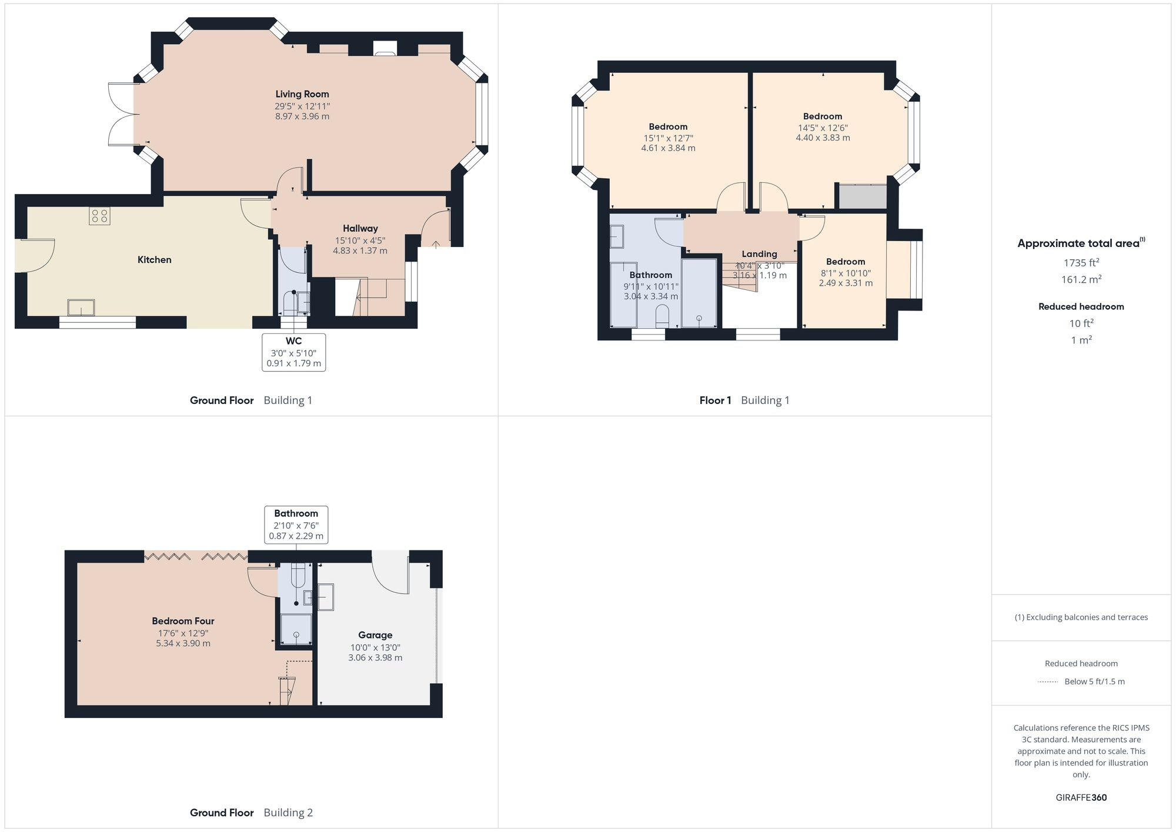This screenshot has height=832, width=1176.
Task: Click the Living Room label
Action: tap(302, 94)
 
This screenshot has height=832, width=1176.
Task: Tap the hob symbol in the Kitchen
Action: tap(99, 216)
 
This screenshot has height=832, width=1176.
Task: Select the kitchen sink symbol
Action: tap(81, 307)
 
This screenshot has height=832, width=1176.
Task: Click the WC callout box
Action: tap(293, 352)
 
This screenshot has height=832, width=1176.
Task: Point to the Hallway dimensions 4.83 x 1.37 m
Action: tap(360, 250)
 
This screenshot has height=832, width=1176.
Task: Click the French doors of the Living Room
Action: tap(121, 114)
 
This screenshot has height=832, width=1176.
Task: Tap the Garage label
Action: tap(375, 635)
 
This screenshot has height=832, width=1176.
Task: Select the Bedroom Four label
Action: tap(183, 621)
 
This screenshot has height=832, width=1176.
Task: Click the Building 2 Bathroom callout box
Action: tap(296, 524)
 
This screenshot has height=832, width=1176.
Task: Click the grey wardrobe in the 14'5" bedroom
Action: tap(862, 197)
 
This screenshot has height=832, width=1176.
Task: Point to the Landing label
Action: tap(759, 254)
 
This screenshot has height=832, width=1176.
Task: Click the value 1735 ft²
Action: tap(1081, 263)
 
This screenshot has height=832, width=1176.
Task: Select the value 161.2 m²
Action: tap(1081, 280)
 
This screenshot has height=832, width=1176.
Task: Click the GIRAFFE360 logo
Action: tap(1081, 797)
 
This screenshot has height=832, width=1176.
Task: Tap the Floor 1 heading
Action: tap(715, 400)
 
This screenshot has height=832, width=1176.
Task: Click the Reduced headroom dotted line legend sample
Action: tap(1048, 682)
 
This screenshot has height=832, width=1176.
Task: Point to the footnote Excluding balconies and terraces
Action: tap(1081, 617)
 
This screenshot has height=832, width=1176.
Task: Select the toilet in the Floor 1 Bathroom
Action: tap(662, 316)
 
